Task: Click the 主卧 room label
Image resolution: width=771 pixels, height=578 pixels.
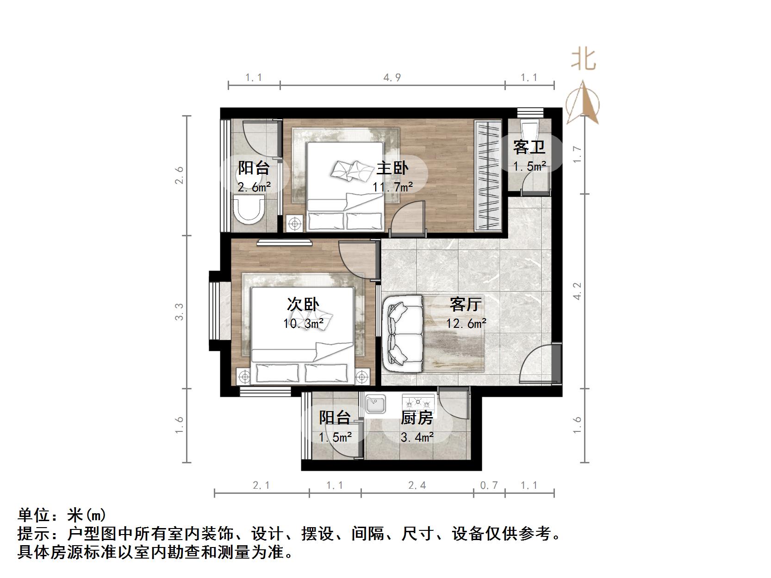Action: point(392,167)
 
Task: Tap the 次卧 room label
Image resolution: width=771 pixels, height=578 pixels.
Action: point(303,304)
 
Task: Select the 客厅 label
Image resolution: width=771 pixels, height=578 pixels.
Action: point(466,304)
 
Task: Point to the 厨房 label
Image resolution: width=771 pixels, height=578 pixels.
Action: point(417,418)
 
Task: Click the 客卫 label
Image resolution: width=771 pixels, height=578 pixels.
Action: point(529,147)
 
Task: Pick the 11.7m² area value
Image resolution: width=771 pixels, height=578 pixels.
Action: point(393,187)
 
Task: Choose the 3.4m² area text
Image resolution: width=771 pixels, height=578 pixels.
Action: point(417,437)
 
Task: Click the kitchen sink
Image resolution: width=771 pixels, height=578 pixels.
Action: point(375,404)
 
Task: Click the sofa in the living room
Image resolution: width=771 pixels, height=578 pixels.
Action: point(403,333)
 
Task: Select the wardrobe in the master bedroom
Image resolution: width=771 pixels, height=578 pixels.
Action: point(488,176)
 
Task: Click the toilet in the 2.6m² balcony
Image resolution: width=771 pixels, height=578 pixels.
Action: point(249,210)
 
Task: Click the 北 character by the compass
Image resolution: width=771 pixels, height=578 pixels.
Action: point(583,60)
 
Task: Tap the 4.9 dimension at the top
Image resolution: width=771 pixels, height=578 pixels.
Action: point(392,77)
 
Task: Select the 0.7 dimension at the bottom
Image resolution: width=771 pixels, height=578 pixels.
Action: point(489,485)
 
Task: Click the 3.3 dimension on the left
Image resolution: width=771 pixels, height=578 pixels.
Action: point(179,311)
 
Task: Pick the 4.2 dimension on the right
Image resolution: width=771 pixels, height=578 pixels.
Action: point(577,291)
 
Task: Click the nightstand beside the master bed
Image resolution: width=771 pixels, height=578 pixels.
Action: point(294,223)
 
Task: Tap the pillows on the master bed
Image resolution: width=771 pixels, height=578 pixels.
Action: point(352,171)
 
